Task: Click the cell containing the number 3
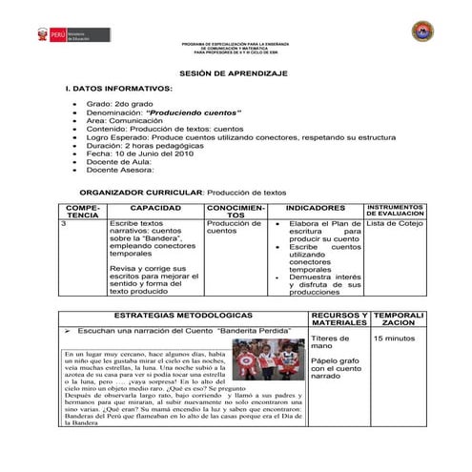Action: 63,224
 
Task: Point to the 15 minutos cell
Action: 394,339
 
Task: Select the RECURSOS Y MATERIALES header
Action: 339,318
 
